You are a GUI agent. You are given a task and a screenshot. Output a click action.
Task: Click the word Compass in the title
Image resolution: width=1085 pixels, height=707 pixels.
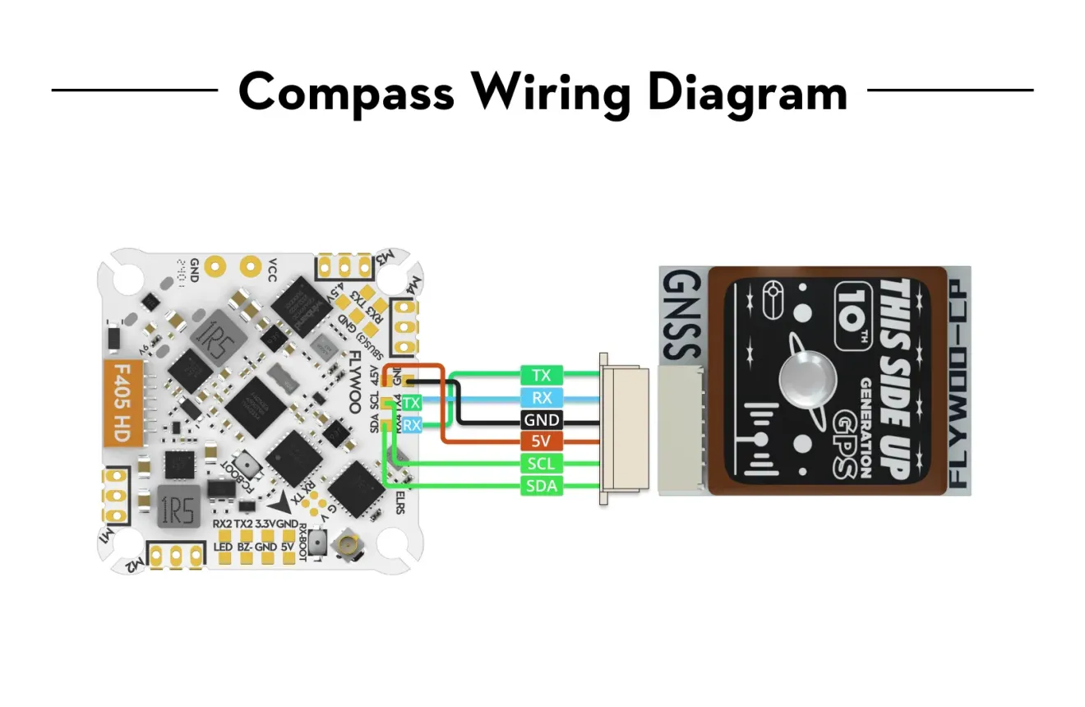point(346,92)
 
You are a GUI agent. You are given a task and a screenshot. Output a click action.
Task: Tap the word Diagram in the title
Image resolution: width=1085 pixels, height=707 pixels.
point(747,92)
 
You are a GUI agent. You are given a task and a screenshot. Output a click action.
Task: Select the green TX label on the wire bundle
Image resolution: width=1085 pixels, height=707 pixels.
point(541,376)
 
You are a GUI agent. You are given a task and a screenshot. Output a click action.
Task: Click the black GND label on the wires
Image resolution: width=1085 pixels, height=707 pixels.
point(541,420)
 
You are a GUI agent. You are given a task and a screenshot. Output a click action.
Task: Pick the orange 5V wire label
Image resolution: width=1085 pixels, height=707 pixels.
point(541,442)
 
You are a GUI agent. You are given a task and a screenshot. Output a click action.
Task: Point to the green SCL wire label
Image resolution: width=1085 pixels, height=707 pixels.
point(541,464)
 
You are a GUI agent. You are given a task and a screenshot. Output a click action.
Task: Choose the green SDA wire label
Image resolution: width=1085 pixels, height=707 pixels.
point(541,487)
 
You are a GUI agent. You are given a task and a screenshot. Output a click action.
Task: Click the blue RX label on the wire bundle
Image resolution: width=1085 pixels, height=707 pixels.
point(541,398)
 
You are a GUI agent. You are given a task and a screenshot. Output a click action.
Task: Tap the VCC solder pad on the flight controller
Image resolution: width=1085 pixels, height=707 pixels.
point(249,266)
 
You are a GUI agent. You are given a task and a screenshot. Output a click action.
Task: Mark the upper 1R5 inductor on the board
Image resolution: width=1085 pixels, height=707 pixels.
point(213,338)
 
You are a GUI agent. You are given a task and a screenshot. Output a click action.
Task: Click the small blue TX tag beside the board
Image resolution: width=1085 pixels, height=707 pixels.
point(413,403)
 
